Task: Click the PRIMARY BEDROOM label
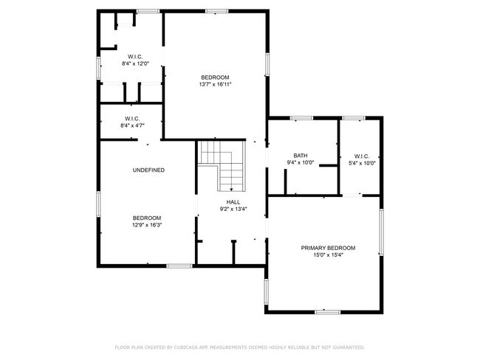click(328, 248)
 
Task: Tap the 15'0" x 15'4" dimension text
click(328, 255)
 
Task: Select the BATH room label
click(301, 156)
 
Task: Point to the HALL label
click(233, 202)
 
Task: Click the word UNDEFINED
click(148, 170)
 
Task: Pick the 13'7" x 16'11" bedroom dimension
click(215, 84)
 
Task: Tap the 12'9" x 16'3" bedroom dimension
click(147, 225)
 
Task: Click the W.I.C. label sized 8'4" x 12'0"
click(135, 57)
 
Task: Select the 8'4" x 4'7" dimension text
click(132, 125)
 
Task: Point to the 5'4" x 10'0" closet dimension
click(362, 163)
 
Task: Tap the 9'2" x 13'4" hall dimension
click(233, 210)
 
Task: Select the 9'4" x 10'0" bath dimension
click(301, 163)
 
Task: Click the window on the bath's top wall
click(301, 118)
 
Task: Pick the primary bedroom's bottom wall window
click(328, 312)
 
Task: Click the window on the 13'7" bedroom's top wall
click(216, 11)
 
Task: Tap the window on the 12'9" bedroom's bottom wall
click(179, 266)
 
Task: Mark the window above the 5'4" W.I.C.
click(354, 118)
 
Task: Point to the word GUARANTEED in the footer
click(349, 347)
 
